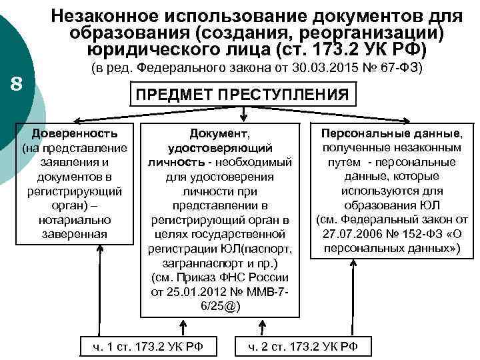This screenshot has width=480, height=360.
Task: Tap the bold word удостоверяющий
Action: click(x=221, y=149)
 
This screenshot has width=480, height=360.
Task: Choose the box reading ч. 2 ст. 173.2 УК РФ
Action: click(x=303, y=345)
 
